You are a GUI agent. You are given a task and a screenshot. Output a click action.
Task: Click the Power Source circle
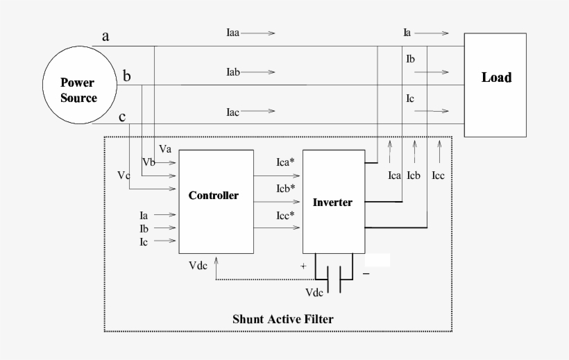click(78, 90)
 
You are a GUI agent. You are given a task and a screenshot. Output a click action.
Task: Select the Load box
click(496, 84)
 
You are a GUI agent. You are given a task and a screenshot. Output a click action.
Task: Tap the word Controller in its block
click(213, 196)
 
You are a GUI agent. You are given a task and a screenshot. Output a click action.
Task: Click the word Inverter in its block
click(332, 203)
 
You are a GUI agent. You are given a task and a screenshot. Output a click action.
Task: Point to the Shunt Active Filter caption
click(282, 319)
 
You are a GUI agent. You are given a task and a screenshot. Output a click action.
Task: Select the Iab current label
click(233, 72)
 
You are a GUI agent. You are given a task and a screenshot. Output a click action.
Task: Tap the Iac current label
click(232, 112)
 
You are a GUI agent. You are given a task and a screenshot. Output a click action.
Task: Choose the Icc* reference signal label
click(285, 216)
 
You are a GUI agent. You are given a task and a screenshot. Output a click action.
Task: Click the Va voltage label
click(165, 149)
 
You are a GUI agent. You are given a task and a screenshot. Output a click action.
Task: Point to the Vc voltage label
click(124, 175)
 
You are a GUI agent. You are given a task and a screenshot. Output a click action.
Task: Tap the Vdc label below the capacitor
click(314, 293)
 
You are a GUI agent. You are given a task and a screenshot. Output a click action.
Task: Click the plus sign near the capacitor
click(303, 266)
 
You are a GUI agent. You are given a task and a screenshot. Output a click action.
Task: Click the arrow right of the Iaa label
click(262, 33)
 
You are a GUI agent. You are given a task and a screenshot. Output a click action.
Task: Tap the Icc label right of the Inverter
click(438, 175)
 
